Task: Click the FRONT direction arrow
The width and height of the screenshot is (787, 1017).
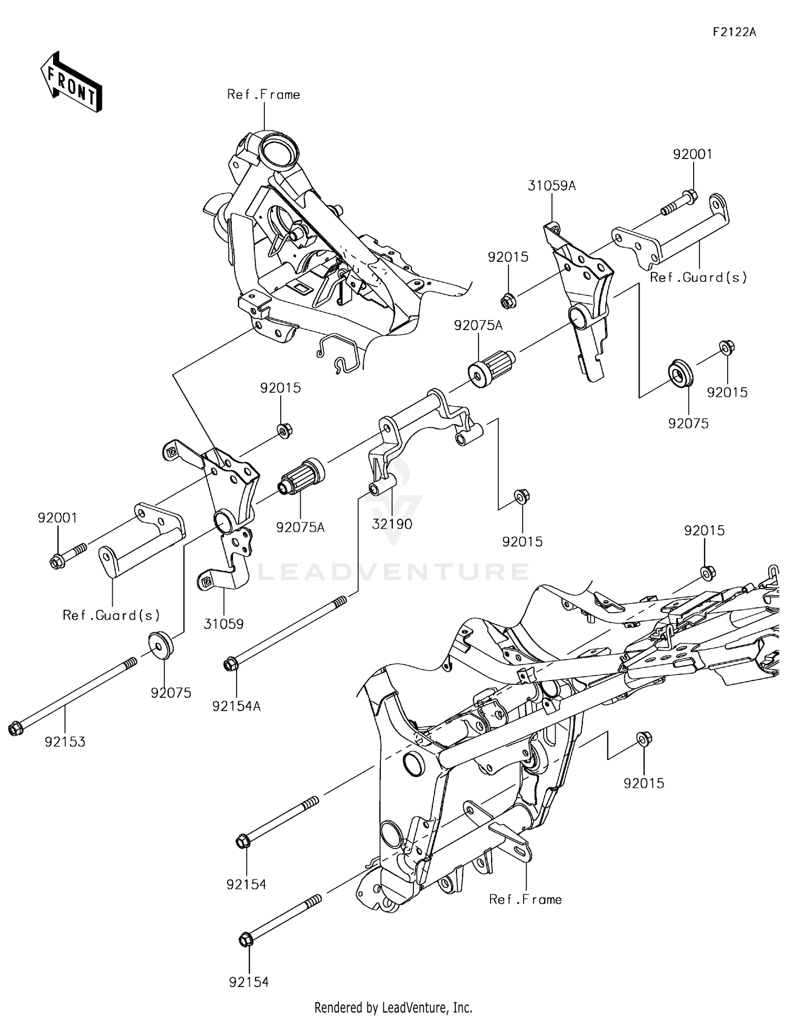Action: click(x=71, y=82)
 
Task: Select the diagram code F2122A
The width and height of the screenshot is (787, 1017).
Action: click(x=734, y=32)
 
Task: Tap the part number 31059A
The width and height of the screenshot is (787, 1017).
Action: click(x=551, y=186)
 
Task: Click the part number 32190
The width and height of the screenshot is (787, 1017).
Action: click(x=392, y=524)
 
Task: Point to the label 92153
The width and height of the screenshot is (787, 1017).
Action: click(x=65, y=741)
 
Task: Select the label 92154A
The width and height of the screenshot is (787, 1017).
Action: click(x=236, y=706)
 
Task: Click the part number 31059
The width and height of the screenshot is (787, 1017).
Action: click(x=224, y=624)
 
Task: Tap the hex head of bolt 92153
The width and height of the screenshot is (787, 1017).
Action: click(x=16, y=729)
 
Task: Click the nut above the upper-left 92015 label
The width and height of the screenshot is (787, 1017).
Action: click(x=284, y=431)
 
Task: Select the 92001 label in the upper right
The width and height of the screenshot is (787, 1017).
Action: click(x=693, y=154)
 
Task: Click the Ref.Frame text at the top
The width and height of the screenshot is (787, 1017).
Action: click(x=263, y=94)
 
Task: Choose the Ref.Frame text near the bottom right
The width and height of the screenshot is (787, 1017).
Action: click(x=525, y=899)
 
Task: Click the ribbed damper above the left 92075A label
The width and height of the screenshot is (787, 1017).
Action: click(x=303, y=475)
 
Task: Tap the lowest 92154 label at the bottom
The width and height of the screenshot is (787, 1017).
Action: click(x=249, y=982)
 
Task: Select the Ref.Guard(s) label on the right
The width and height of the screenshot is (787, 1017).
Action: click(x=698, y=277)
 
